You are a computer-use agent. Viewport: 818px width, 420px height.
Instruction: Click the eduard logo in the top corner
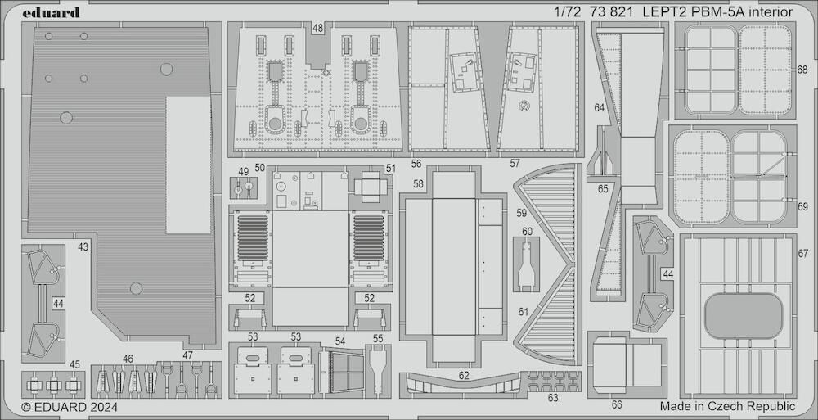51,12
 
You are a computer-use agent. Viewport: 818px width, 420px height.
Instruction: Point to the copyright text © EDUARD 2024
70,407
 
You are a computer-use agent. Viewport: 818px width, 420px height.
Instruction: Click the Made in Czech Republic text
728,406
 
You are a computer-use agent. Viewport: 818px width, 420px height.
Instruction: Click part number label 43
83,247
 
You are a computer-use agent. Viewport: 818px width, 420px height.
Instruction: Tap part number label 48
317,28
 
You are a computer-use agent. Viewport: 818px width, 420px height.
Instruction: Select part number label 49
244,171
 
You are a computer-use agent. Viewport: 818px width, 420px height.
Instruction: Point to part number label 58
418,183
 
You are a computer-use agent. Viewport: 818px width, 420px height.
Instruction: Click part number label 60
527,232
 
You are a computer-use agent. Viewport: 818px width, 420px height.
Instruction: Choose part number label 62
465,376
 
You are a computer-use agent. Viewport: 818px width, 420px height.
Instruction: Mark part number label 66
617,404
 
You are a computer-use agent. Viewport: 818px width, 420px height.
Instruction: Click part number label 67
803,253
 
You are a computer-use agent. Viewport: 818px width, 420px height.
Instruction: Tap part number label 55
378,338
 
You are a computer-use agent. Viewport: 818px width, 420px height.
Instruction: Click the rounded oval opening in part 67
744,316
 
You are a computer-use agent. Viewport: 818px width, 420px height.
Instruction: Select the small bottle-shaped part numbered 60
526,264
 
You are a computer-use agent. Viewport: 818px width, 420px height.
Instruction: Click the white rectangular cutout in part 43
188,165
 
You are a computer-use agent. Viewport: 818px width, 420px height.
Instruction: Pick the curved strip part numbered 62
463,386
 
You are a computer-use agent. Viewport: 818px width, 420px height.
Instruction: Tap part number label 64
600,108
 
